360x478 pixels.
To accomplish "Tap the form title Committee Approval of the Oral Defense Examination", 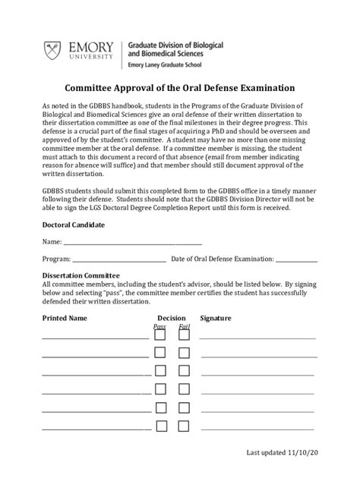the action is [178, 88].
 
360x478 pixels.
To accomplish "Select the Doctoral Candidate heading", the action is [73, 225].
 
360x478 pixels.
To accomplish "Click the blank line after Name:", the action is [133, 243].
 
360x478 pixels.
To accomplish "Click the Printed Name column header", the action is [65, 318].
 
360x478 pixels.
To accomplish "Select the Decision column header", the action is [172, 318].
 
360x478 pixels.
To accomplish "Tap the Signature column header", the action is [216, 318].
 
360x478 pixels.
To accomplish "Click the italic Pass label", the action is [159, 327].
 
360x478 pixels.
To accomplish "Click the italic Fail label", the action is [184, 327].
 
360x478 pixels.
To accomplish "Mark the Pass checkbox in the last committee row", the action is [160, 426].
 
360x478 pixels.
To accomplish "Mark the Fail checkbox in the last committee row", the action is [184, 426].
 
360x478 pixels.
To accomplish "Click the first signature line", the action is [257, 338].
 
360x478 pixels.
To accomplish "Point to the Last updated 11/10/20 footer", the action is [282, 453].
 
